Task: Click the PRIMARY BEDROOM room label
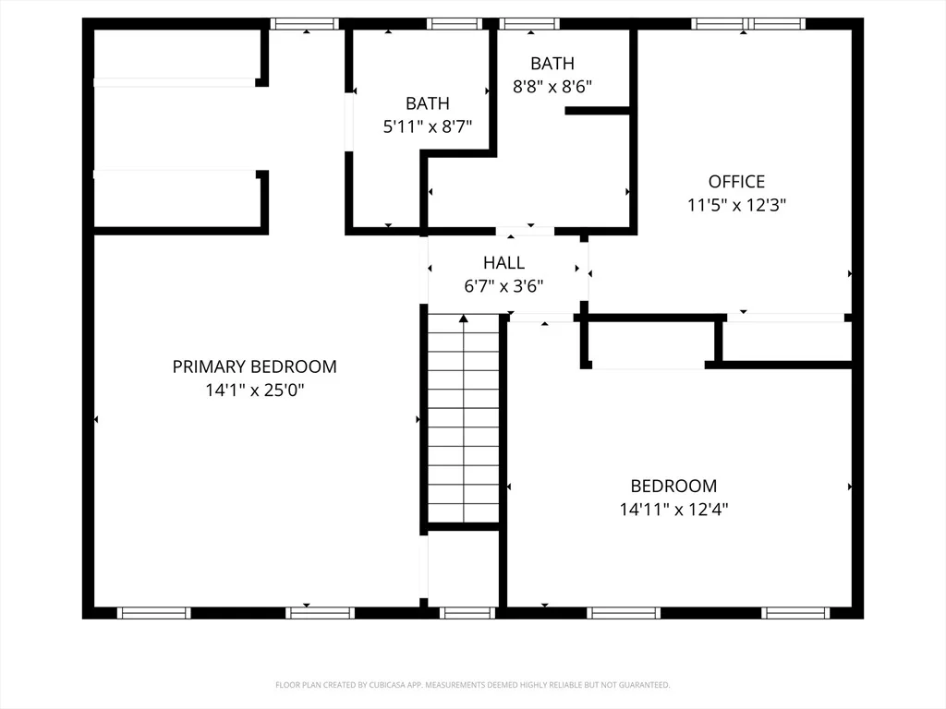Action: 255,367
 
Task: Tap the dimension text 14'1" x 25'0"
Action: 255,391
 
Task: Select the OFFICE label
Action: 736,182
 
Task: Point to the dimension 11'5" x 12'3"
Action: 736,205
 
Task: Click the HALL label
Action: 503,263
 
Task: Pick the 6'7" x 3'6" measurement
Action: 503,286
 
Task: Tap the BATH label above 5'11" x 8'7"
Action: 427,103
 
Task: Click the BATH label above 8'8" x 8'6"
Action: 552,64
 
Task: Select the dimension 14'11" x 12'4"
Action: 673,510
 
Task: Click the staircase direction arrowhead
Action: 464,318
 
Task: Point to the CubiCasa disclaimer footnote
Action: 472,685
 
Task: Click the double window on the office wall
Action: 748,24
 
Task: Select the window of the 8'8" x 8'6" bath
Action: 529,24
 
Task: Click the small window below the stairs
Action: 467,613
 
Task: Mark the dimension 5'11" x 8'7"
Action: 427,126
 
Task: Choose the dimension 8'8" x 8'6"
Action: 552,87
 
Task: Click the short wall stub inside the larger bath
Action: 598,111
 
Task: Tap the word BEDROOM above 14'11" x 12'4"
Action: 673,486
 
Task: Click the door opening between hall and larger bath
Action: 525,231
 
